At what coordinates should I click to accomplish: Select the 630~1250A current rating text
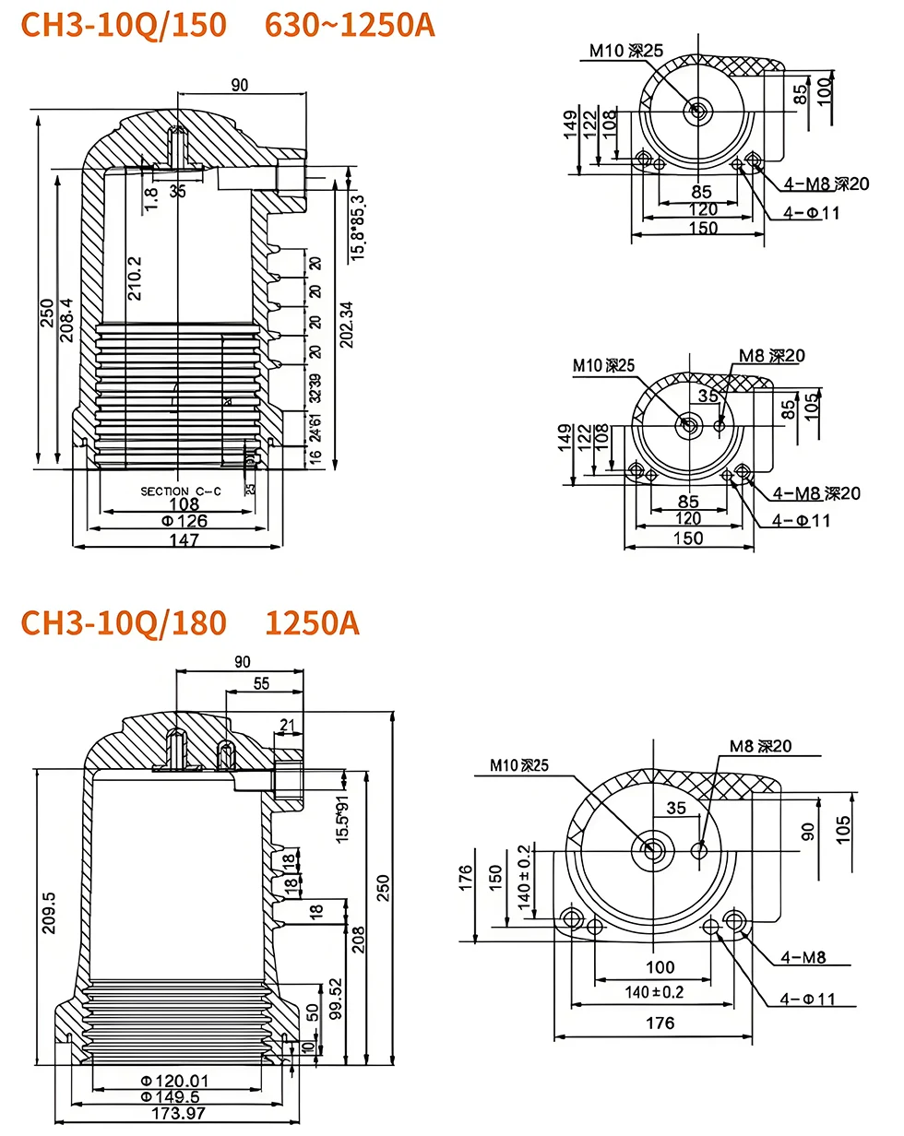pyautogui.click(x=350, y=25)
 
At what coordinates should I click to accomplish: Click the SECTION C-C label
pyautogui.click(x=181, y=491)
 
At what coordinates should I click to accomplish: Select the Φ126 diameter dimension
pyautogui.click(x=184, y=521)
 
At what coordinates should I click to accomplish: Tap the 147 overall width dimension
pyautogui.click(x=184, y=540)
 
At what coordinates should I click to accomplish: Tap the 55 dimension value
pyautogui.click(x=261, y=684)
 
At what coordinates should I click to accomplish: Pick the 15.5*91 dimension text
pyautogui.click(x=343, y=816)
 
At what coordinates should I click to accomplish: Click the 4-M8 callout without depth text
pyautogui.click(x=803, y=957)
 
